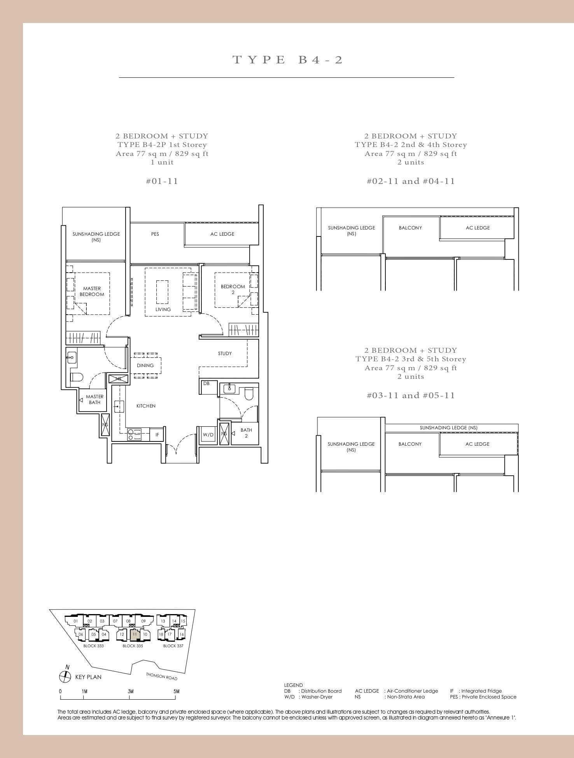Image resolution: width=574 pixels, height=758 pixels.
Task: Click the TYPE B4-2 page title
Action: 287,60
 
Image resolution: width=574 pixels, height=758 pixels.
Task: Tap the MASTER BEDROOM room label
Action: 92,291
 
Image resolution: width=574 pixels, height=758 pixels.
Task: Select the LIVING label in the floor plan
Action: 163,310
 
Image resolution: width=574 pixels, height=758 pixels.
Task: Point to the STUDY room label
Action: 225,354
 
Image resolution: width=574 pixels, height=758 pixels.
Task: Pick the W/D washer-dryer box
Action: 208,435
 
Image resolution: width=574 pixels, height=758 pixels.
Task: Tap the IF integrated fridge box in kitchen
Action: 157,435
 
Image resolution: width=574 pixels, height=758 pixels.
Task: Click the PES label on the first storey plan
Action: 155,234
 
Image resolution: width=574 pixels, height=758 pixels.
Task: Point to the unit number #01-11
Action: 162,181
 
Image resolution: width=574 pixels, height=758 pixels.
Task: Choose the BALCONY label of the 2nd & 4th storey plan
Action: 410,228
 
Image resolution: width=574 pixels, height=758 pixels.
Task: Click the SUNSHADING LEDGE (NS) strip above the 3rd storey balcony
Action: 448,428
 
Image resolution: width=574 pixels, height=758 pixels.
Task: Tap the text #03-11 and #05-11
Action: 411,396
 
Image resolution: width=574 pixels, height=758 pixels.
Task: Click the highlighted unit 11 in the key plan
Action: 135,634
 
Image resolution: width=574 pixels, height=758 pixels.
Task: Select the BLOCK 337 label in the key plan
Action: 173,646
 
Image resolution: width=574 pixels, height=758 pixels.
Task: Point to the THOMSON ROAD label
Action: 161,677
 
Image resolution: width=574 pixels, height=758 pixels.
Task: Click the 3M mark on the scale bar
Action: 130,691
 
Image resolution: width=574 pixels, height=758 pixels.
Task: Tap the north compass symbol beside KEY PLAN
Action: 65,677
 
